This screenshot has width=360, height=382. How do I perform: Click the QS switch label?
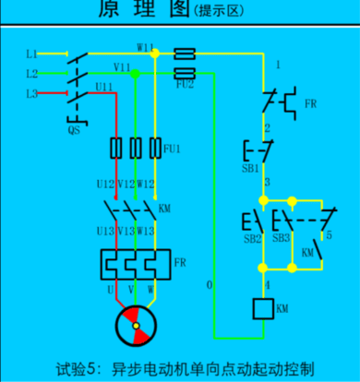74,131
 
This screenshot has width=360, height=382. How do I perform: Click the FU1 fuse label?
172,147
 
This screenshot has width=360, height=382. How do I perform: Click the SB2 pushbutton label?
251,239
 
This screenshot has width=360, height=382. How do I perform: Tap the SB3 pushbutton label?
280,239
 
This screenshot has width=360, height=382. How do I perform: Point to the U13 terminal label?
104,231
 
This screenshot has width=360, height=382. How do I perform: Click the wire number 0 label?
209,285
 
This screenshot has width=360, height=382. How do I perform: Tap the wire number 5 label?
330,236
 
